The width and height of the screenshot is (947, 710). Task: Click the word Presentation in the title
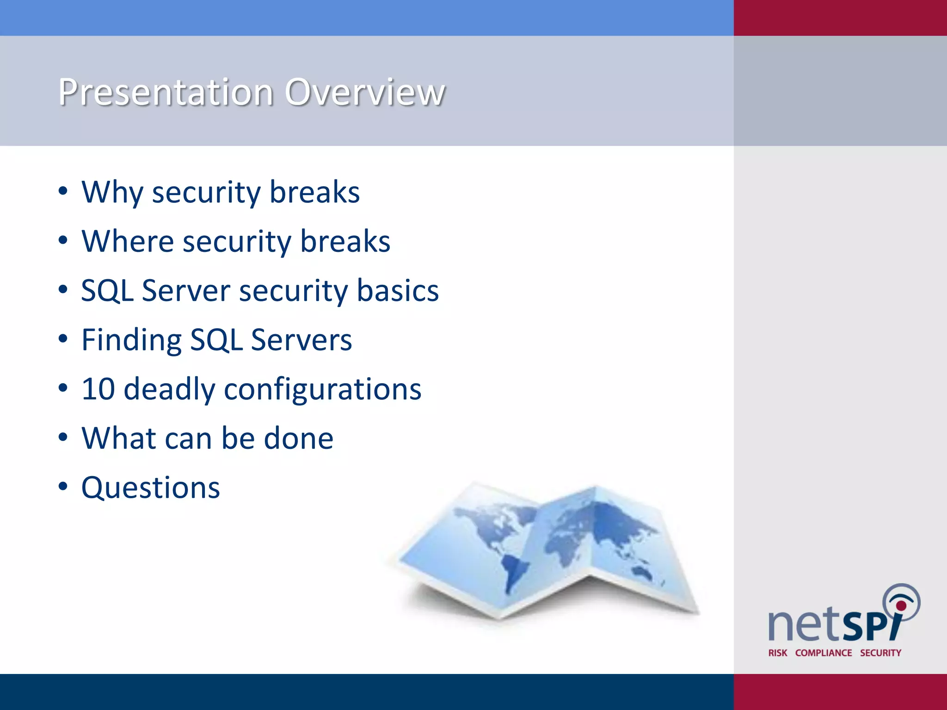pos(166,92)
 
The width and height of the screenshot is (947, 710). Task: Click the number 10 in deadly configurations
pos(98,389)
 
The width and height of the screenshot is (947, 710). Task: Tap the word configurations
pos(322,390)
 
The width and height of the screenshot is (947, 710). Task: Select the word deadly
pos(169,390)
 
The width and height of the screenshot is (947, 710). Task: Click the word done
pos(298,438)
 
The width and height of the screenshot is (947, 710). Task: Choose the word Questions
pos(151,488)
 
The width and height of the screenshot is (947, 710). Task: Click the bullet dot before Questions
pos(63,487)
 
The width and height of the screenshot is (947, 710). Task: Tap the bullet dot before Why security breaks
pos(63,191)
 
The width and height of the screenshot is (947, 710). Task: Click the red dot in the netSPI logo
pos(901,606)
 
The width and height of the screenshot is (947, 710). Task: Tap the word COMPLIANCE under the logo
pos(823,653)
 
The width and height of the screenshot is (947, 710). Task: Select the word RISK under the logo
pos(777,653)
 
